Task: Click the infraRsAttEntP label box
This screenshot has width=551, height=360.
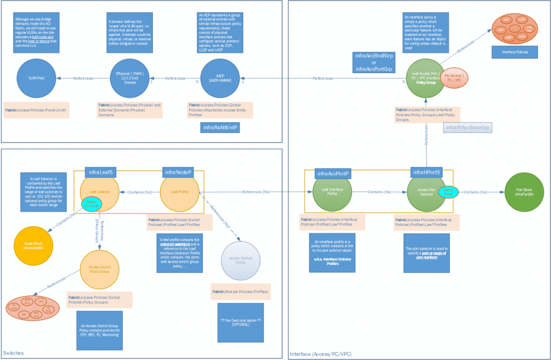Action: pos(220,128)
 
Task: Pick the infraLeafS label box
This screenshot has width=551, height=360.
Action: pos(101,172)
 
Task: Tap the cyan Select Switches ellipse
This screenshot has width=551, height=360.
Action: pos(92,203)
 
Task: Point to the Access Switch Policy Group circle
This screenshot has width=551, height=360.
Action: pos(99,268)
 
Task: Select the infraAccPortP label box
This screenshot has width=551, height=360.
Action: pos(333,173)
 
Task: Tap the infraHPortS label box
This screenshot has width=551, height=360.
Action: pos(427,172)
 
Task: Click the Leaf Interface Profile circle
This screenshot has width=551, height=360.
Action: pos(333,192)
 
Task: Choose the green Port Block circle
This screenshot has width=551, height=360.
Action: pos(524,192)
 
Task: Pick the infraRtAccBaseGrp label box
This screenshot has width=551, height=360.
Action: pos(469,128)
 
